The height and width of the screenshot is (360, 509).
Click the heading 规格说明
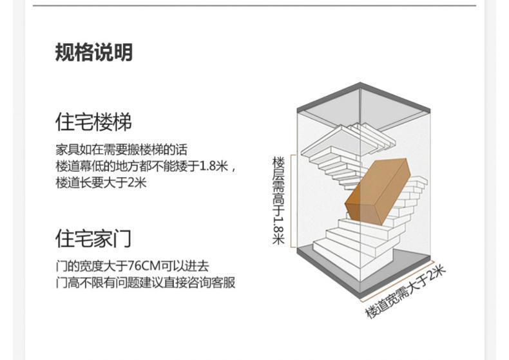coord(93,52)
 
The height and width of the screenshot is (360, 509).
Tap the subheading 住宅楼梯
coord(93,122)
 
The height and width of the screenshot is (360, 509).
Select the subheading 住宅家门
coord(93,239)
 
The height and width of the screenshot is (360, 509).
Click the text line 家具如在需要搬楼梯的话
coord(122,150)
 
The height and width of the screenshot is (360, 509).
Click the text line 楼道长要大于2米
coord(101,183)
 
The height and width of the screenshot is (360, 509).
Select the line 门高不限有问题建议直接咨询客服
coord(145,283)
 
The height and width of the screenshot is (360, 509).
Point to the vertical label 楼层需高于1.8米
coord(278,200)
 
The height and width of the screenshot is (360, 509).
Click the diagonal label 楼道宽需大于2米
coord(406,292)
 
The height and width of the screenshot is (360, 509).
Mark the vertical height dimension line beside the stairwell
coord(294,200)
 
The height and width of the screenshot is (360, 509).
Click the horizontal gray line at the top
coord(254,5)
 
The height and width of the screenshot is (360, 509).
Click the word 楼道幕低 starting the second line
coord(77,167)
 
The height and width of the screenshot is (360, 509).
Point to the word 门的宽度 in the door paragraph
coord(77,266)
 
